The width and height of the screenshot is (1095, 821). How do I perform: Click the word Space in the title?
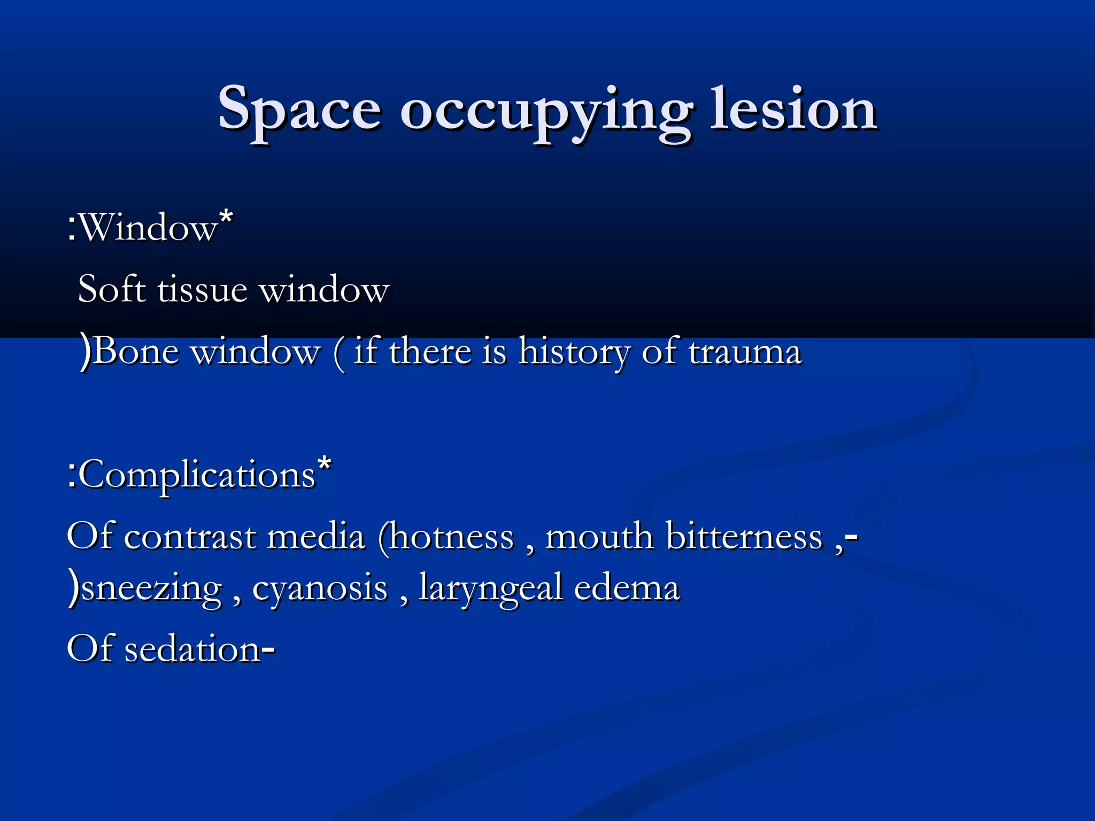coord(299,110)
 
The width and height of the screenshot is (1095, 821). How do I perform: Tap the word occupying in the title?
coord(545,112)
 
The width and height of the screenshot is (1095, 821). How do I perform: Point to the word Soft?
coord(112,289)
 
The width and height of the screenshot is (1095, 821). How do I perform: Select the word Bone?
coord(136,352)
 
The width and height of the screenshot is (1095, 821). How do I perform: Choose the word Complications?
coord(198,475)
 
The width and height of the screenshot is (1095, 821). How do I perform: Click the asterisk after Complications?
coord(324,464)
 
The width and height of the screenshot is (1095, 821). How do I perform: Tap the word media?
coord(316,537)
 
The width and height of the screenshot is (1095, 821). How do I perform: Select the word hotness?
coord(451,537)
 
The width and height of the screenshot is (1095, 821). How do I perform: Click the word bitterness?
coord(744,537)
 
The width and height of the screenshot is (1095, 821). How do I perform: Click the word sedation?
coord(192,649)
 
